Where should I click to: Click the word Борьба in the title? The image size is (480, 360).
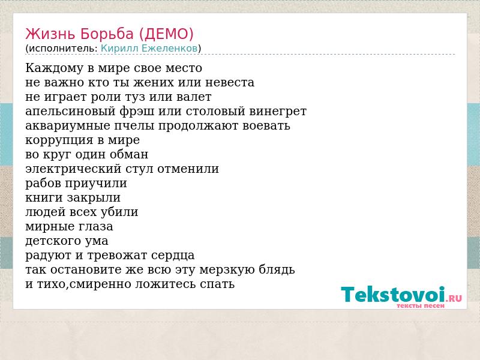tap(107, 34)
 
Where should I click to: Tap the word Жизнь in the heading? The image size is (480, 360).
tap(50, 34)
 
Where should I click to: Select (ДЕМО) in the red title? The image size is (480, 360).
tap(166, 34)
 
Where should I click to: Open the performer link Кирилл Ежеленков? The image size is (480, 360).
tap(149, 48)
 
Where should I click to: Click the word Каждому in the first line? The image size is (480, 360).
tap(55, 68)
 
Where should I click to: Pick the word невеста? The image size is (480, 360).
tap(230, 83)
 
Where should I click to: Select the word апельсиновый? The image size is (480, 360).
tap(70, 112)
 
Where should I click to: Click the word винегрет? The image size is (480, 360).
tap(278, 112)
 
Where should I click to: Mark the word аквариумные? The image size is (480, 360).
tap(68, 126)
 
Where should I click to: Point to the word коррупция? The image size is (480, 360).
tap(59, 140)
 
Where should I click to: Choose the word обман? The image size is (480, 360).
tap(129, 154)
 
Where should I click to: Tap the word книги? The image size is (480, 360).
tap(44, 198)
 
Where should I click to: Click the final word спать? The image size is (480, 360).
tap(217, 284)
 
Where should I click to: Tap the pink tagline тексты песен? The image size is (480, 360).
tap(421, 305)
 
